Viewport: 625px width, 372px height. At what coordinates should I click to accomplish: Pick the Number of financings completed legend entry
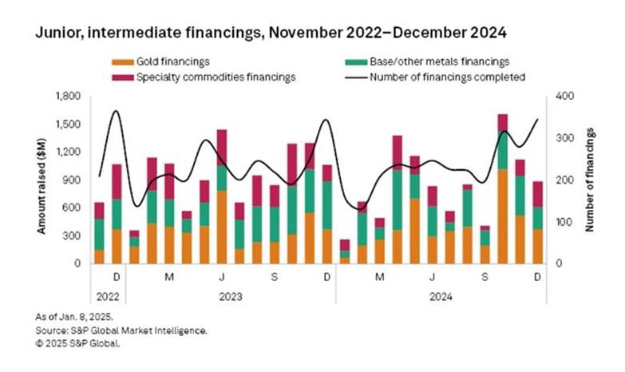coord(447,77)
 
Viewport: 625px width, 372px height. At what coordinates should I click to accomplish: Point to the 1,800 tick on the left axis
coord(69,96)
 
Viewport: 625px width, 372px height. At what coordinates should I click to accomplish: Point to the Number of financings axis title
coord(590,180)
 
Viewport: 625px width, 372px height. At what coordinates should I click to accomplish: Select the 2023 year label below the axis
coord(230,295)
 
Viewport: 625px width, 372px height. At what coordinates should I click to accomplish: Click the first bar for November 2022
coord(99,235)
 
